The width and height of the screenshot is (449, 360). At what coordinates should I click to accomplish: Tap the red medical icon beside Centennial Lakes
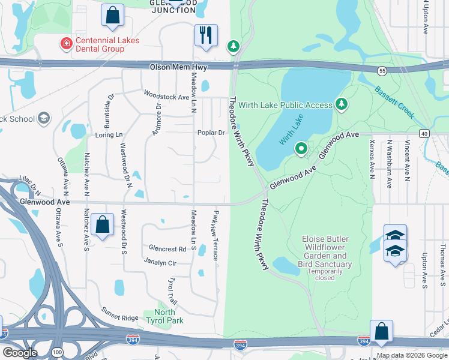point(65,43)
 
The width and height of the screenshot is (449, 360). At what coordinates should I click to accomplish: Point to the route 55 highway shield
point(382,71)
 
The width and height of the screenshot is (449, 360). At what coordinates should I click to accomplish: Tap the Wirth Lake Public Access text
point(285,105)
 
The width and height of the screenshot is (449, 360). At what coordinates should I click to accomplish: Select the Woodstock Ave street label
point(166,96)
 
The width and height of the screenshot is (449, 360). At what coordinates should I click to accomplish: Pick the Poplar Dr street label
point(211,133)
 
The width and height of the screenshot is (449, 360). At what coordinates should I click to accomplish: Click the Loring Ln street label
point(109,136)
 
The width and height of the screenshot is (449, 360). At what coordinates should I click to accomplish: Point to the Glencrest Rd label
point(167,248)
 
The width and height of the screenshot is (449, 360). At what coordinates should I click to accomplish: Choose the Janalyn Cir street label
point(160,262)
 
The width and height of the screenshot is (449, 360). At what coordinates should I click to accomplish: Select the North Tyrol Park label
point(165,316)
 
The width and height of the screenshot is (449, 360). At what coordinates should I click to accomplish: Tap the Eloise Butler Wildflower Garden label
point(325,251)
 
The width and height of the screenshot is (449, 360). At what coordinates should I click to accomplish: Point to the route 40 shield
point(424,133)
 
